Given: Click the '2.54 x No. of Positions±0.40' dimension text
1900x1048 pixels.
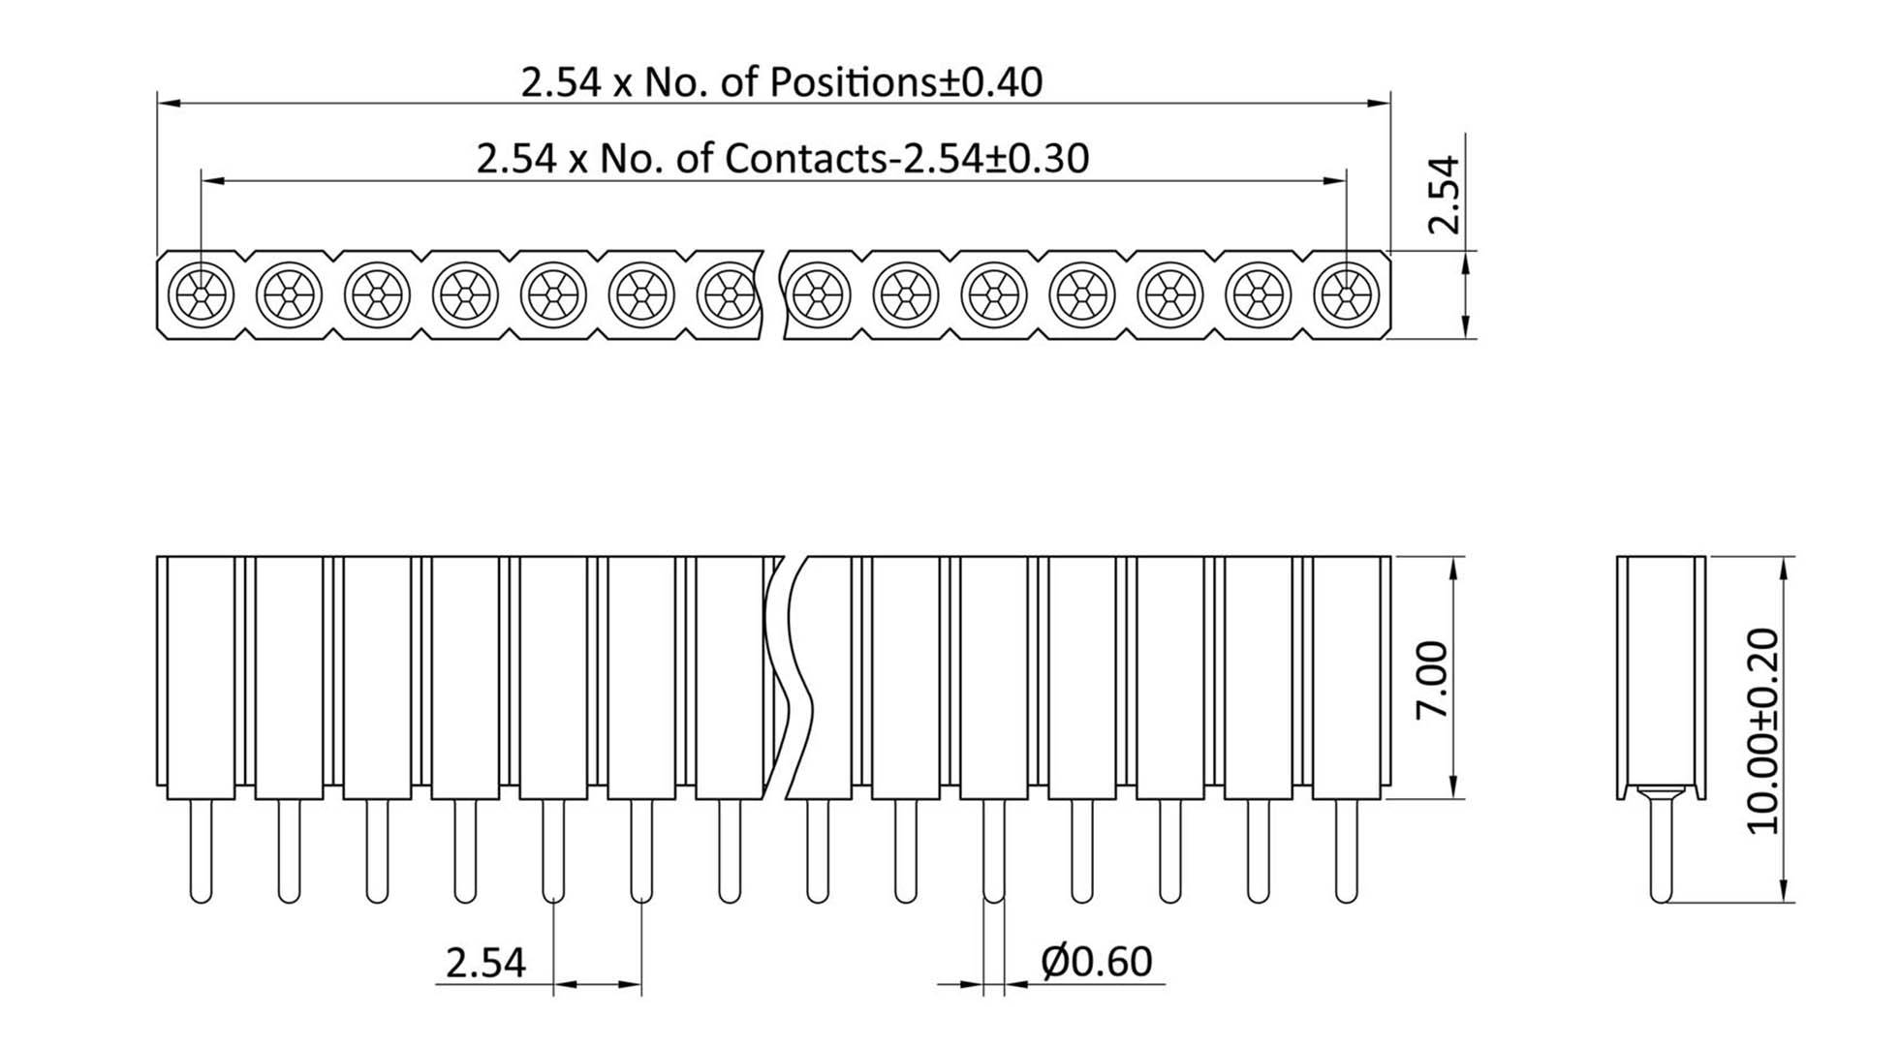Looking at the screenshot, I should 781,82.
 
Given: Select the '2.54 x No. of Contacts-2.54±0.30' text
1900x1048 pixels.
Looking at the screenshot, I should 782,158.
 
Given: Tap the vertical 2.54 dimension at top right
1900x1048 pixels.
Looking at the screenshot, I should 1443,194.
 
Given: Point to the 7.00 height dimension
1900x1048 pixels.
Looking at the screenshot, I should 1432,678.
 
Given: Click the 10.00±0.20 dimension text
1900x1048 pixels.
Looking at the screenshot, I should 1762,730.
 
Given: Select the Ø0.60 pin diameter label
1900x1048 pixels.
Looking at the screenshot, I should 1096,962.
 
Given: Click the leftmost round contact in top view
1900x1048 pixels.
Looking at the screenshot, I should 201,293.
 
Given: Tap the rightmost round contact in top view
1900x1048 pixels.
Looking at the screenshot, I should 1346,293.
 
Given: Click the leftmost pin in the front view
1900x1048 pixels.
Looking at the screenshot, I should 201,850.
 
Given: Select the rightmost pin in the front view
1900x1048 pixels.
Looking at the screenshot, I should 1346,850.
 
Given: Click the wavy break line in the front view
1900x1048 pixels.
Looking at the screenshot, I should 787,678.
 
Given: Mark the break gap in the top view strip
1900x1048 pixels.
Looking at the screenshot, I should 772,293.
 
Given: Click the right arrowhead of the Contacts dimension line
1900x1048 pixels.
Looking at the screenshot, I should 1336,180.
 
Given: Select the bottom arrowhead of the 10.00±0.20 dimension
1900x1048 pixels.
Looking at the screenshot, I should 1784,893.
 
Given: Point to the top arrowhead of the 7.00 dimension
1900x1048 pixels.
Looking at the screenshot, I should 1451,568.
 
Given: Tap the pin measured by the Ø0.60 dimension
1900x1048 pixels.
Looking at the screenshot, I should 993,850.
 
